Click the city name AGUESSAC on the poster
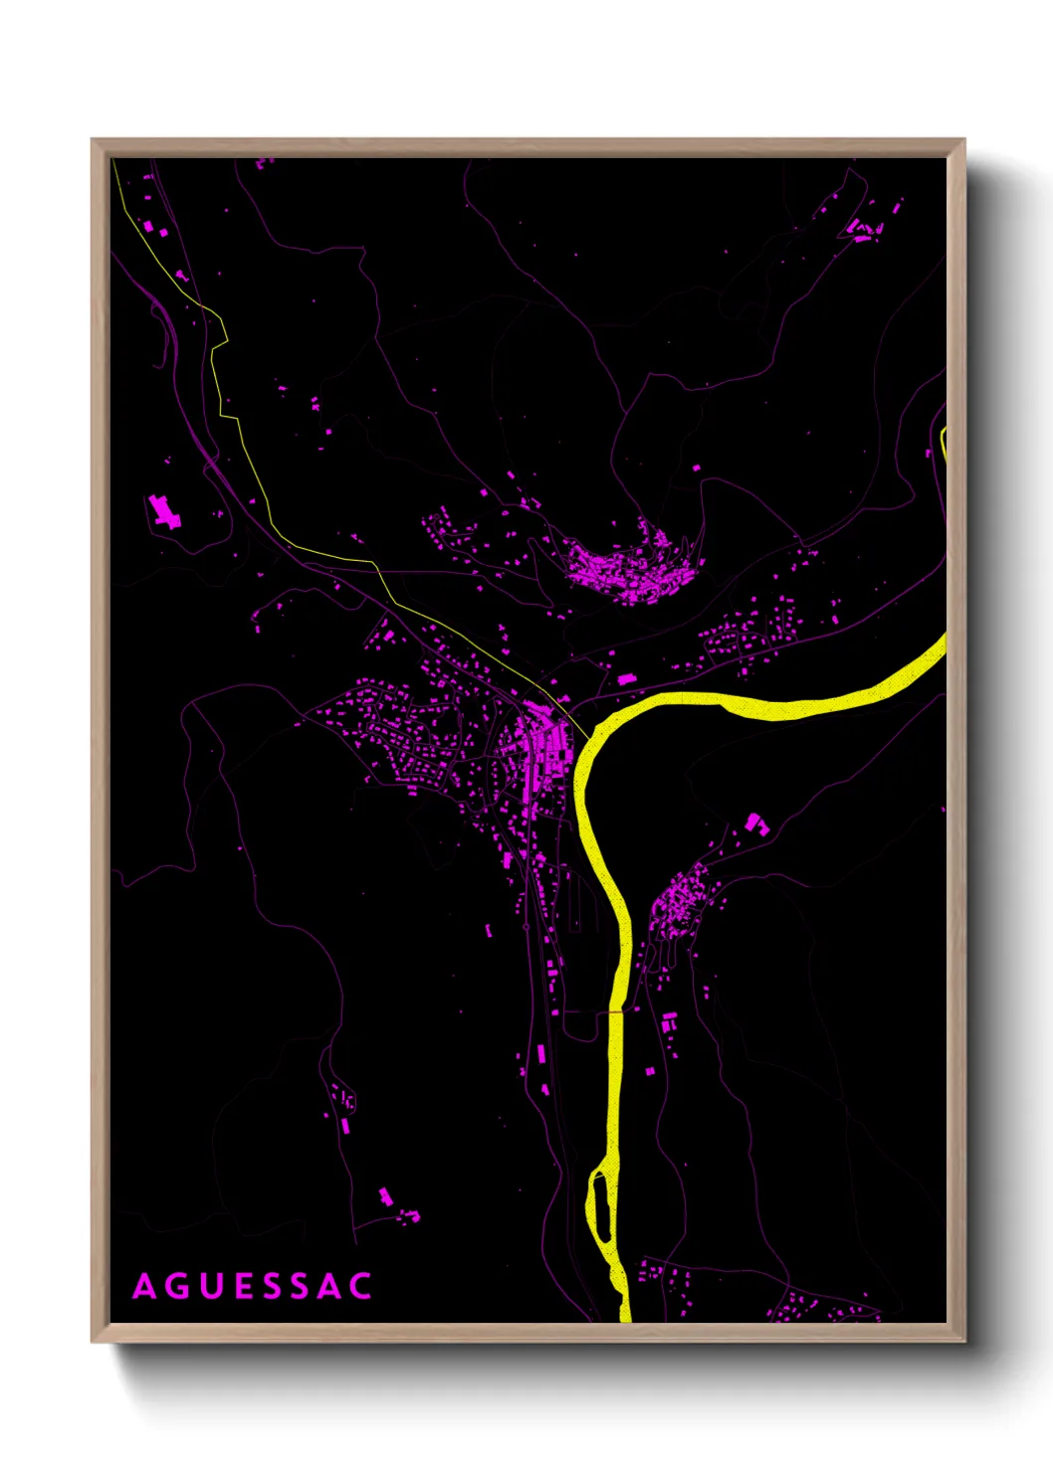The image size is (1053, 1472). (x=253, y=1286)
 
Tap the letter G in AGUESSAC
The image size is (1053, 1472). (x=179, y=1286)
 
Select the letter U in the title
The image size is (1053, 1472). (x=213, y=1286)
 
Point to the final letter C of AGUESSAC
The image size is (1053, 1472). (x=360, y=1286)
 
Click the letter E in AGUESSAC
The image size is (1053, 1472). (x=244, y=1286)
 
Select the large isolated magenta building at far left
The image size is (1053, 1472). (x=164, y=512)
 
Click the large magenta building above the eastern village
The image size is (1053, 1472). (x=754, y=823)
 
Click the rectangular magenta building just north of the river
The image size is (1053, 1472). (x=626, y=680)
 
